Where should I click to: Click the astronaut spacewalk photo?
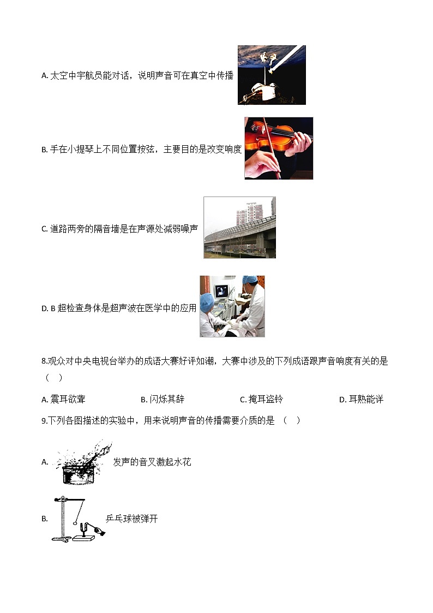click(x=272, y=75)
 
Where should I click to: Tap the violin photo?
click(x=278, y=148)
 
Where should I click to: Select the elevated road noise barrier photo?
click(x=239, y=228)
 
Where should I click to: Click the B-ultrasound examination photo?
click(x=232, y=306)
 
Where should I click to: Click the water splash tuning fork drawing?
click(x=82, y=462)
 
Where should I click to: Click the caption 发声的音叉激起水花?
click(x=152, y=462)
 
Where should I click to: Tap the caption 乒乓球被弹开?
click(x=131, y=519)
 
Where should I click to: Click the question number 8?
click(x=44, y=361)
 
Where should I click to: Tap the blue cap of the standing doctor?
click(x=250, y=279)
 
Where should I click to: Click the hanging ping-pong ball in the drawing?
click(x=76, y=522)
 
